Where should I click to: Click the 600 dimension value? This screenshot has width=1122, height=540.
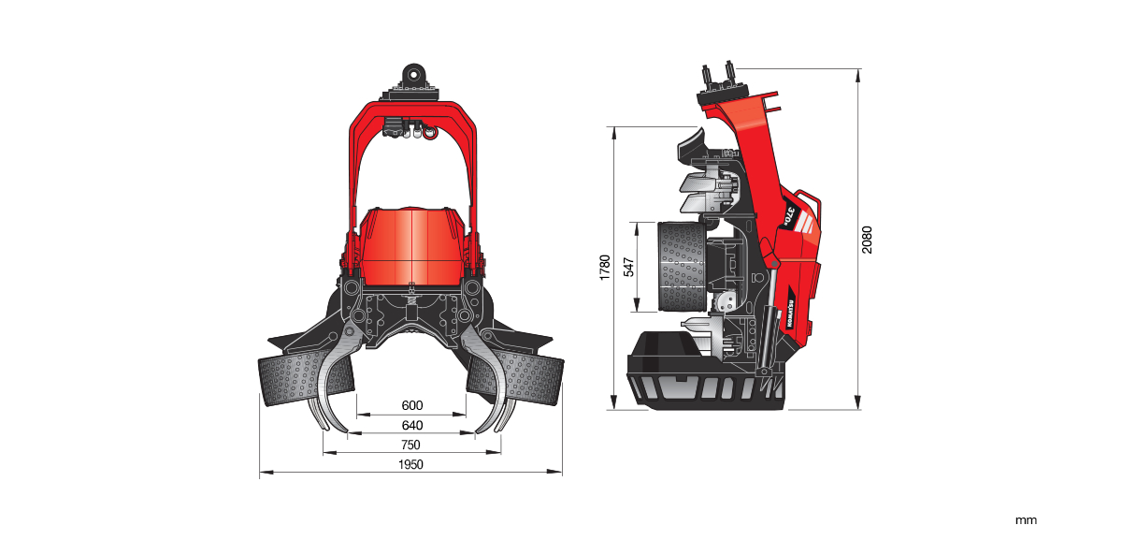coord(411,405)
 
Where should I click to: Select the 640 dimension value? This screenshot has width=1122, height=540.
coord(411,425)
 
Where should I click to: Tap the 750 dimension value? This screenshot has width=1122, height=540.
coord(411,445)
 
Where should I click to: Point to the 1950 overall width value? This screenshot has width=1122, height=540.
coord(411,465)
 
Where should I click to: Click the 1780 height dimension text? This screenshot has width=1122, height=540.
coord(605,268)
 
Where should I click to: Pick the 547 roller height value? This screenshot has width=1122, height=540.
coord(628,268)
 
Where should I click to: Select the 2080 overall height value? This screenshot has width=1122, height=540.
coord(867,240)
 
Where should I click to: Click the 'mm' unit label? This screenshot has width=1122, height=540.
coord(1026,519)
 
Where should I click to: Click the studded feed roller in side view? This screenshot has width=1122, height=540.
coord(680,268)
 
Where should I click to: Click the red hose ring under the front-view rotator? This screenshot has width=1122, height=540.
coord(429,133)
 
